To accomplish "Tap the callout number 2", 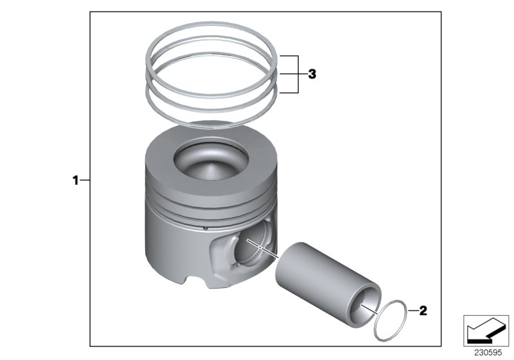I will [422, 312].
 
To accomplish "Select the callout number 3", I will [312, 75].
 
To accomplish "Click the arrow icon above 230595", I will [486, 331].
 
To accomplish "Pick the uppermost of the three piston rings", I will [211, 26].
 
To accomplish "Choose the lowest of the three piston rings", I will [211, 120].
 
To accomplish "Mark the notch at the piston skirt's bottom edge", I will [195, 283].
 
